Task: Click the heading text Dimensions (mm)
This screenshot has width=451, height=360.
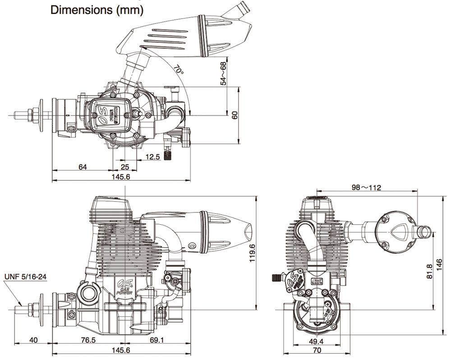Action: click(97, 10)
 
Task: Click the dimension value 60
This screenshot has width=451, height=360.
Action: click(235, 115)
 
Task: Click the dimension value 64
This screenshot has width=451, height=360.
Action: click(83, 167)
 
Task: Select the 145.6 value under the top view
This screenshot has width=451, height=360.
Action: click(120, 177)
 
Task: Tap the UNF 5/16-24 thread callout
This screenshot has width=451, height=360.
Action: click(25, 277)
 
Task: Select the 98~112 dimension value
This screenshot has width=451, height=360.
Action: click(367, 188)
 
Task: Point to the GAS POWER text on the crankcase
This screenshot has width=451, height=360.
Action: click(123, 290)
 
